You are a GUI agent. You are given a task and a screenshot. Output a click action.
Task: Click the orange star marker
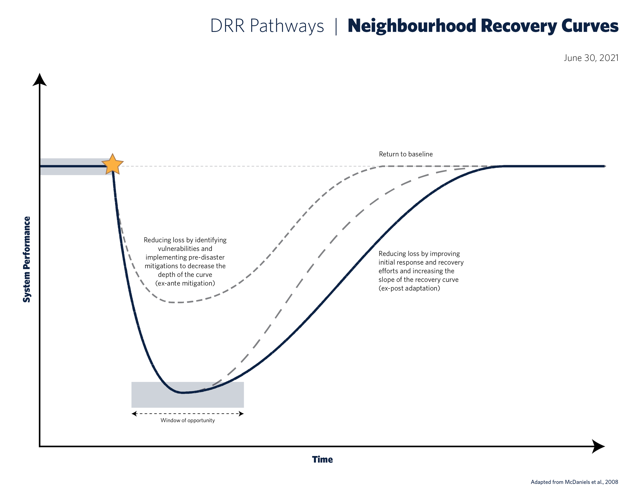[x=113, y=164]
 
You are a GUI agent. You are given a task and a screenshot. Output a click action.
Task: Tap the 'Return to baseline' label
[x=406, y=154]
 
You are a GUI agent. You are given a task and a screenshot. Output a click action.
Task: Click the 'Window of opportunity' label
[x=187, y=420]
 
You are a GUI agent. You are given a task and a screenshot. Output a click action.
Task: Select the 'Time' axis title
[x=322, y=460]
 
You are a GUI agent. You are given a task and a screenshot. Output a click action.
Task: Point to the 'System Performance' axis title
[x=27, y=259]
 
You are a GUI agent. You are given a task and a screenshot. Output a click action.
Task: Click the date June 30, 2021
[x=591, y=58]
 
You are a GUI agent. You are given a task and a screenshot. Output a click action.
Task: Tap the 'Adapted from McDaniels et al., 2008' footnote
[x=574, y=482]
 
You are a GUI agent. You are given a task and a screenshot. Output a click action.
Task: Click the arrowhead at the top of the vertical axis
[x=40, y=80]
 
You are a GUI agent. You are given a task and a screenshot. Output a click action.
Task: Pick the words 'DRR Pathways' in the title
[x=267, y=26]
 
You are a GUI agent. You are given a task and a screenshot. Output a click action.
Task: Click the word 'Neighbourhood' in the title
[x=412, y=26]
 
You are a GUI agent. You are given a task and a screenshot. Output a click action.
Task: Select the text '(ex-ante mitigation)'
[x=185, y=283]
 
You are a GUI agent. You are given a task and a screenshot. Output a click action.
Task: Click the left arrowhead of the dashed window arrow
[x=134, y=414]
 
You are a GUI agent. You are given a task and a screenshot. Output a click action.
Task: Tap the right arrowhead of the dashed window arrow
[x=241, y=414]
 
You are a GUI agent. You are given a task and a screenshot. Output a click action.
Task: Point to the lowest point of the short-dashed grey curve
[x=176, y=302]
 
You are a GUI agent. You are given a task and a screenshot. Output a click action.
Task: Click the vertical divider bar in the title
[x=336, y=26]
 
